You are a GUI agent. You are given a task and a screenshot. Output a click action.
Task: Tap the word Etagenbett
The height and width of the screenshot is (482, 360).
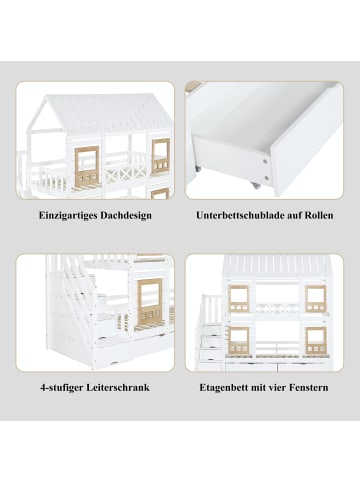tap(226, 386)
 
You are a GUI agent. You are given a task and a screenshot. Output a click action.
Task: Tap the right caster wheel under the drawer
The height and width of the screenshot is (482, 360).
tap(259, 186)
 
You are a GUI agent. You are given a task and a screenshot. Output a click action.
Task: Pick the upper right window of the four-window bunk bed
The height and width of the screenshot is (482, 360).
tap(315, 296)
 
